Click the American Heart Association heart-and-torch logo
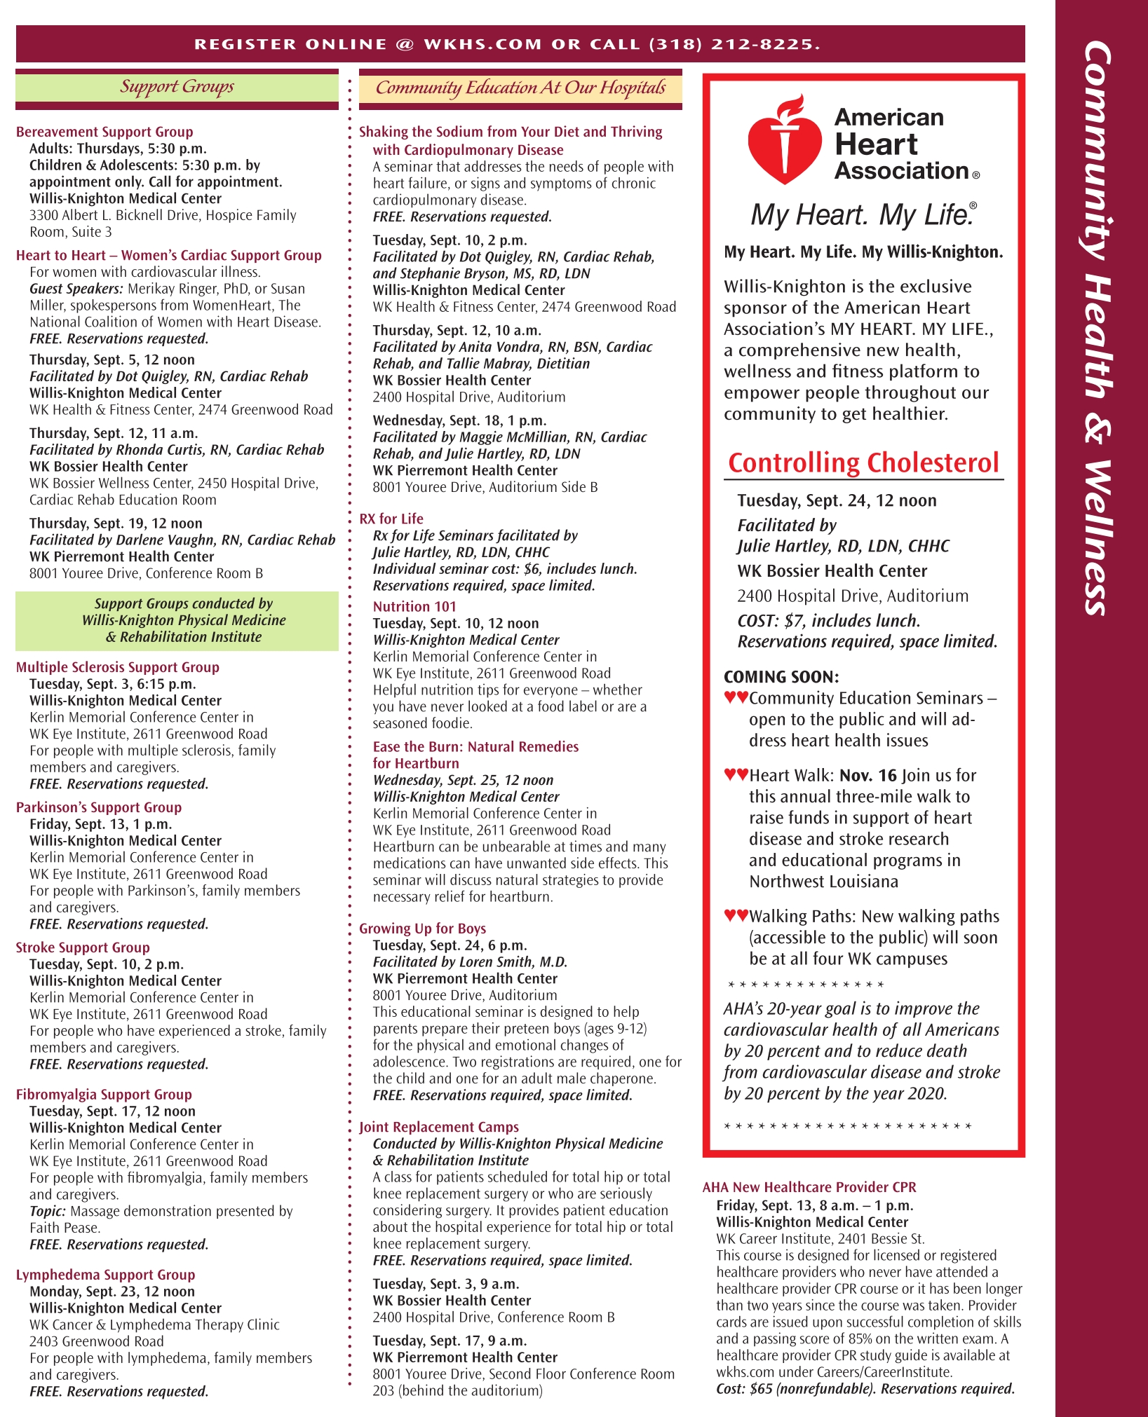[x=783, y=142]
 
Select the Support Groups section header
[x=177, y=87]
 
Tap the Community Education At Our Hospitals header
[x=520, y=88]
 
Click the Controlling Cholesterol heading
[x=863, y=463]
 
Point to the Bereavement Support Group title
[x=104, y=132]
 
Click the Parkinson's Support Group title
[x=99, y=807]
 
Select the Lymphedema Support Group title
[x=105, y=1275]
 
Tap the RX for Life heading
[x=391, y=519]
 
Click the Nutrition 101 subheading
[x=414, y=607]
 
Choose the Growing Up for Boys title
[x=422, y=929]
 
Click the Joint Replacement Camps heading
[x=439, y=1127]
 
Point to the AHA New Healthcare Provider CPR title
[x=809, y=1187]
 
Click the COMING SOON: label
[x=781, y=677]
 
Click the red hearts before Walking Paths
[x=736, y=915]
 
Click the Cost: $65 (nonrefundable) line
[x=865, y=1389]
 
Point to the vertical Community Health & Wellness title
[x=1098, y=329]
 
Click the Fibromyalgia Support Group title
[x=104, y=1095]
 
